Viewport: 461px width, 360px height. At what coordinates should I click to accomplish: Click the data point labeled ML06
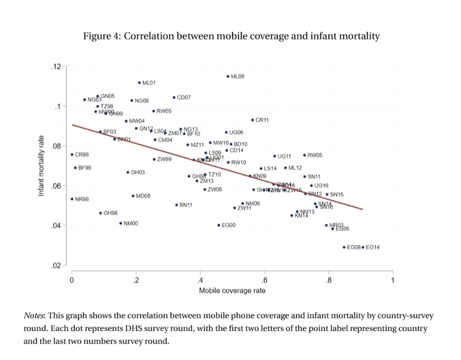[x=228, y=77]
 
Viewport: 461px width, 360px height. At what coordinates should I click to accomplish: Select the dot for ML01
[x=139, y=83]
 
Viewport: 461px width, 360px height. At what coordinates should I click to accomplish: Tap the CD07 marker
[x=174, y=98]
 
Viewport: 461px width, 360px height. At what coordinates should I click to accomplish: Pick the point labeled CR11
[x=252, y=120]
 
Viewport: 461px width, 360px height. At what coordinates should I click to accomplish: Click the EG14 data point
[x=363, y=247]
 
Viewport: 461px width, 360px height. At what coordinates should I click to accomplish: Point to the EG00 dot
[x=219, y=225]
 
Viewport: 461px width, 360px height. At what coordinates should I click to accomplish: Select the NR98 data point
[x=72, y=199]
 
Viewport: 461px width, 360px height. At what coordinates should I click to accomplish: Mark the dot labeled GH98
[x=100, y=213]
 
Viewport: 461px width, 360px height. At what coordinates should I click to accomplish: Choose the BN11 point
[x=177, y=205]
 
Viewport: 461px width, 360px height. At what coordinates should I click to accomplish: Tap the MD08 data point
[x=133, y=196]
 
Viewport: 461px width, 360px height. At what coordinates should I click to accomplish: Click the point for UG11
[x=274, y=156]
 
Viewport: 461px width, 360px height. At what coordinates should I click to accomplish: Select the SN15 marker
[x=327, y=194]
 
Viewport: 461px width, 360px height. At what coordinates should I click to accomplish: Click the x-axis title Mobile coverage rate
[x=232, y=291]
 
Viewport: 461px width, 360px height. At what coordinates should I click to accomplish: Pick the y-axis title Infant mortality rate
[x=41, y=166]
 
